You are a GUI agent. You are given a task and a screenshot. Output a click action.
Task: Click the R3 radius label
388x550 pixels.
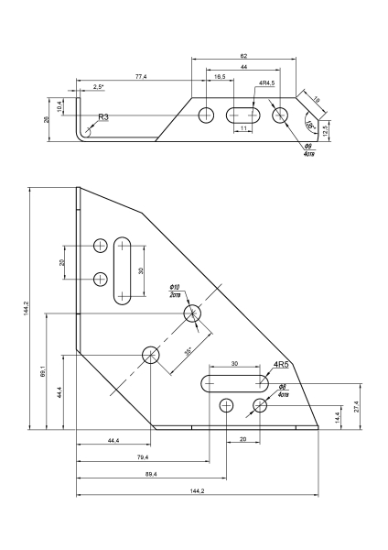tap(103, 116)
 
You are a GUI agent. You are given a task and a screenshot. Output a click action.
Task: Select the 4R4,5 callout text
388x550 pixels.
tap(267, 82)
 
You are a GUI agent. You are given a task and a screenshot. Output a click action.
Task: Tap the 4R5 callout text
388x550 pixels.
tap(281, 365)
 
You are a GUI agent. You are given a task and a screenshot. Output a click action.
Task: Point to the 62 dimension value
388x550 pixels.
tap(243, 56)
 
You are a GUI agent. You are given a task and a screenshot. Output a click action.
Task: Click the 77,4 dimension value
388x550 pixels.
tap(141, 77)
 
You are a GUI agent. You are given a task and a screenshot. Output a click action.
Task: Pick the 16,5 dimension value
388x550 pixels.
tap(220, 77)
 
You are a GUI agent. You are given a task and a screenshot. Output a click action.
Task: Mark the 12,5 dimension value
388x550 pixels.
tap(325, 131)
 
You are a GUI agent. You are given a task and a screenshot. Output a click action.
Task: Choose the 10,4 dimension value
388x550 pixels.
tap(59, 106)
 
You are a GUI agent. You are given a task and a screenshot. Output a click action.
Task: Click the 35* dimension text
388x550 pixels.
tap(188, 351)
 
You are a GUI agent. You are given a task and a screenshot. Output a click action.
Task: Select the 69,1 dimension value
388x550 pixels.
tap(42, 371)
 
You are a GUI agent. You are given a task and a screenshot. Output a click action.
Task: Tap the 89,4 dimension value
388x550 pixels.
tap(151, 474)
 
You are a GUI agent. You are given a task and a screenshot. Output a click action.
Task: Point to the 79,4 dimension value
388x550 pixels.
tap(143, 457)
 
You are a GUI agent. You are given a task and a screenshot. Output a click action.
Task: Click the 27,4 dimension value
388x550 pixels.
tap(356, 406)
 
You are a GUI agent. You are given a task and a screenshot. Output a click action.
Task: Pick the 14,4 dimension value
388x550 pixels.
tap(338, 417)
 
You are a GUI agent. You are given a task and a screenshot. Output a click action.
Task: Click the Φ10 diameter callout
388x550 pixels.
tap(175, 287)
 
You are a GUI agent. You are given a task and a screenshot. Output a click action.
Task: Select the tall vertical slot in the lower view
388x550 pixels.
tap(123, 270)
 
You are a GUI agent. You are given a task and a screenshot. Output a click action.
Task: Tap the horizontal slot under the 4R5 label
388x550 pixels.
tap(234, 383)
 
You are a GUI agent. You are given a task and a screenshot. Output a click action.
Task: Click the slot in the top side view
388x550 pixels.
tap(243, 115)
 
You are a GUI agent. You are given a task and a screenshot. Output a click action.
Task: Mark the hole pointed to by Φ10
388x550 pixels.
tap(192, 313)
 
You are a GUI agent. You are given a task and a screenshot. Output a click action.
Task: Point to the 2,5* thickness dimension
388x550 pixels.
tap(99, 86)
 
